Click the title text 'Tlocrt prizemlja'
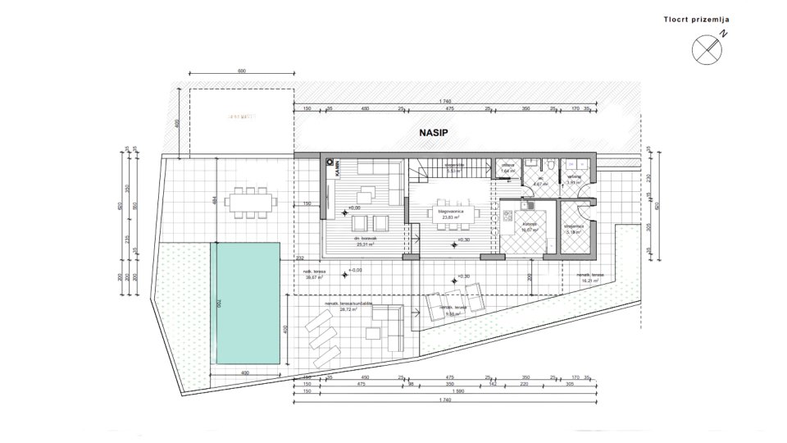(x=696, y=19)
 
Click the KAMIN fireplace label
(x=336, y=168)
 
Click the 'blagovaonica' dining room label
(x=451, y=211)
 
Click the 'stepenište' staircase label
(x=455, y=165)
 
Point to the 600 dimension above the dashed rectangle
(x=241, y=71)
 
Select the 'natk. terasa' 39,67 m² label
(x=316, y=275)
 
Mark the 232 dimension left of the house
(x=300, y=257)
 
